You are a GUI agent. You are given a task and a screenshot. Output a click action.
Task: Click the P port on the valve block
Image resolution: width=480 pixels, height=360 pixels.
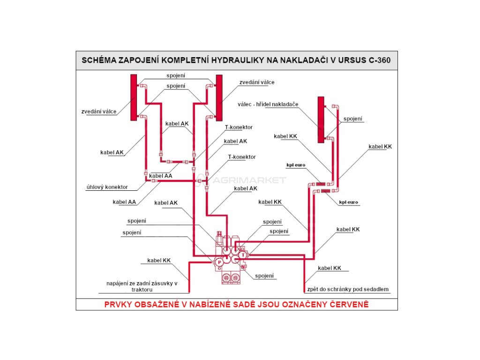click(219, 262)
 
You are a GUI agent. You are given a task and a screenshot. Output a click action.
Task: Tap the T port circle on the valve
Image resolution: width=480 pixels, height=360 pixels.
click(243, 255)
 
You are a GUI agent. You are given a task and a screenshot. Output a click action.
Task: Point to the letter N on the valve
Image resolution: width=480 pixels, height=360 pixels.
click(242, 267)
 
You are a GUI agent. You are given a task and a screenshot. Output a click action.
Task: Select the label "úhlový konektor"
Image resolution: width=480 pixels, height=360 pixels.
click(107, 187)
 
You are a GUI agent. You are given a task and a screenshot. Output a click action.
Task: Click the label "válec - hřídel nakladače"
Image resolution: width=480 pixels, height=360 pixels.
click(268, 104)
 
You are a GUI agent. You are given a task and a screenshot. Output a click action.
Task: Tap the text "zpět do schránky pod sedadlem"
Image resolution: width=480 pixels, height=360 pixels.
click(348, 289)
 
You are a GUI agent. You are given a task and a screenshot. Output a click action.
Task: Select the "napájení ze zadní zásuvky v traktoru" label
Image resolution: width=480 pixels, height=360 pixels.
click(142, 286)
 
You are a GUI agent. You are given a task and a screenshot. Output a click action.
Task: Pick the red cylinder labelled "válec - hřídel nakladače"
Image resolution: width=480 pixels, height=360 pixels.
click(321, 119)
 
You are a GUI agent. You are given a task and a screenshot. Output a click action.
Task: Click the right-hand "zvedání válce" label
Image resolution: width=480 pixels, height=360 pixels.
click(257, 82)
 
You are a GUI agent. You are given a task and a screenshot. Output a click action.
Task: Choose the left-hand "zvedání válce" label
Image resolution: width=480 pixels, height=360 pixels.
click(99, 112)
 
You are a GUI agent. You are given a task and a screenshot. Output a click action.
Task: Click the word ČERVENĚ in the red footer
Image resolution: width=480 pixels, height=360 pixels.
click(347, 304)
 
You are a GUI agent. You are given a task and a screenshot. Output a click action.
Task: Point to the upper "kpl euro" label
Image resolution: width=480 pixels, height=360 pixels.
click(296, 165)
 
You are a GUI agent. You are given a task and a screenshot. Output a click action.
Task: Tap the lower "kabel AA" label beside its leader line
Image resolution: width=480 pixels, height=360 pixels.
click(124, 202)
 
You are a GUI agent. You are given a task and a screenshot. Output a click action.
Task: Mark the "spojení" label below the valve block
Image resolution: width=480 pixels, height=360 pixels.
click(264, 276)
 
